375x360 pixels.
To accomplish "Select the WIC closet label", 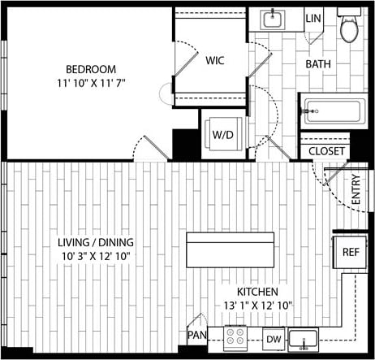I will point(215,61).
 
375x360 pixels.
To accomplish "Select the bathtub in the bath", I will point(335,111).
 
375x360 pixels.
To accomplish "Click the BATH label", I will point(317,64).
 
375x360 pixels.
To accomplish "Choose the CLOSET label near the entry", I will point(327,151).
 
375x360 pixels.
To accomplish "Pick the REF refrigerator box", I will point(351,252).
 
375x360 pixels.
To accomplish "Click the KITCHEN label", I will point(257,292).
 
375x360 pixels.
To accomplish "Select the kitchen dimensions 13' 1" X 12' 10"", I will point(258,305).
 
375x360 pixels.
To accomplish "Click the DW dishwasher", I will point(274,337).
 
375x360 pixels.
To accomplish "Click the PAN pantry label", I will point(196,335).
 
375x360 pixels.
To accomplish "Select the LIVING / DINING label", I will point(95,242).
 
